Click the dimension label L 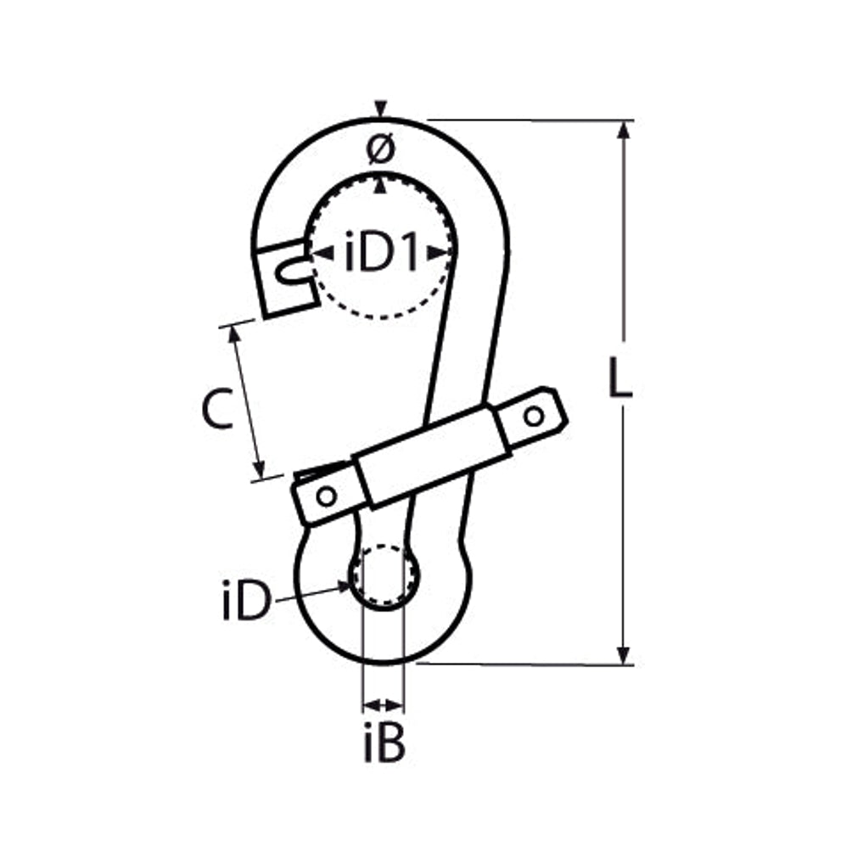coord(620,378)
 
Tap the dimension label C coord(218,408)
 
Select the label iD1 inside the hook coord(381,251)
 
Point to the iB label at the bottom coord(384,742)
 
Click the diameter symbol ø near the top coord(381,149)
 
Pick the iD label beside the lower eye coord(246,601)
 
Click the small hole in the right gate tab coord(534,416)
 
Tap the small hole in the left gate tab coord(327,496)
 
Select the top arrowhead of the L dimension coord(623,131)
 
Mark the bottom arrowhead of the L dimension coord(623,655)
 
